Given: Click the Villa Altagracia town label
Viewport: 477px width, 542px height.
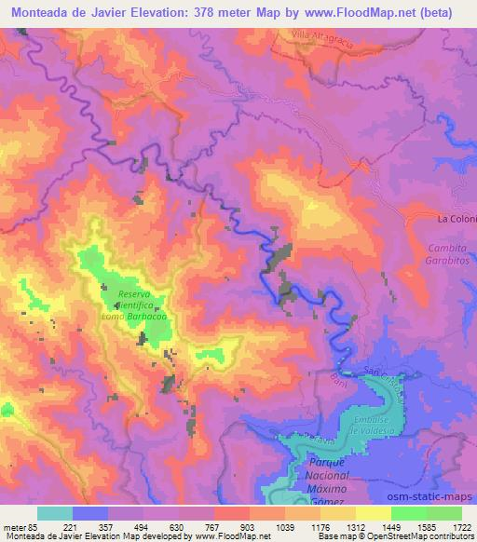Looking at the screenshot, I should [x=313, y=35].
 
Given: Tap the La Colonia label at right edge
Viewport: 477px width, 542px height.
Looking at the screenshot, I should [x=457, y=220].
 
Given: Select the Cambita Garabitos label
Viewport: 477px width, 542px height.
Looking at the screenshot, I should [x=449, y=255].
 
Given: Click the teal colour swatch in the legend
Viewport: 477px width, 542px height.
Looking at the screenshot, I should [x=55, y=513].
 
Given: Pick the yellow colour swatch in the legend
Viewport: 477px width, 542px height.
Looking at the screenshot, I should [x=374, y=513].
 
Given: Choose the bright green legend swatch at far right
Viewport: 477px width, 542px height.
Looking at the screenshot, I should [x=444, y=513].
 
